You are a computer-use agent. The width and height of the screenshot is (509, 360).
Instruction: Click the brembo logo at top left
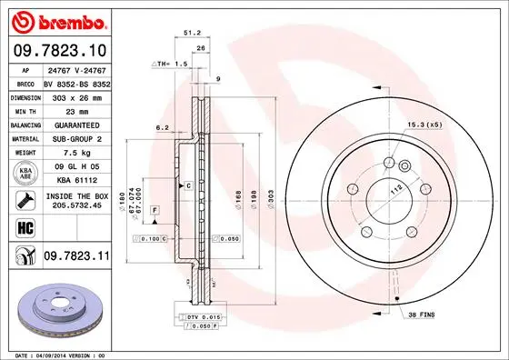point(56,19)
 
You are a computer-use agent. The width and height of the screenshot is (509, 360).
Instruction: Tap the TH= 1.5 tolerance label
point(168,65)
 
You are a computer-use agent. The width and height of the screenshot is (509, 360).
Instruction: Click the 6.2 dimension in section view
point(161,128)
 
